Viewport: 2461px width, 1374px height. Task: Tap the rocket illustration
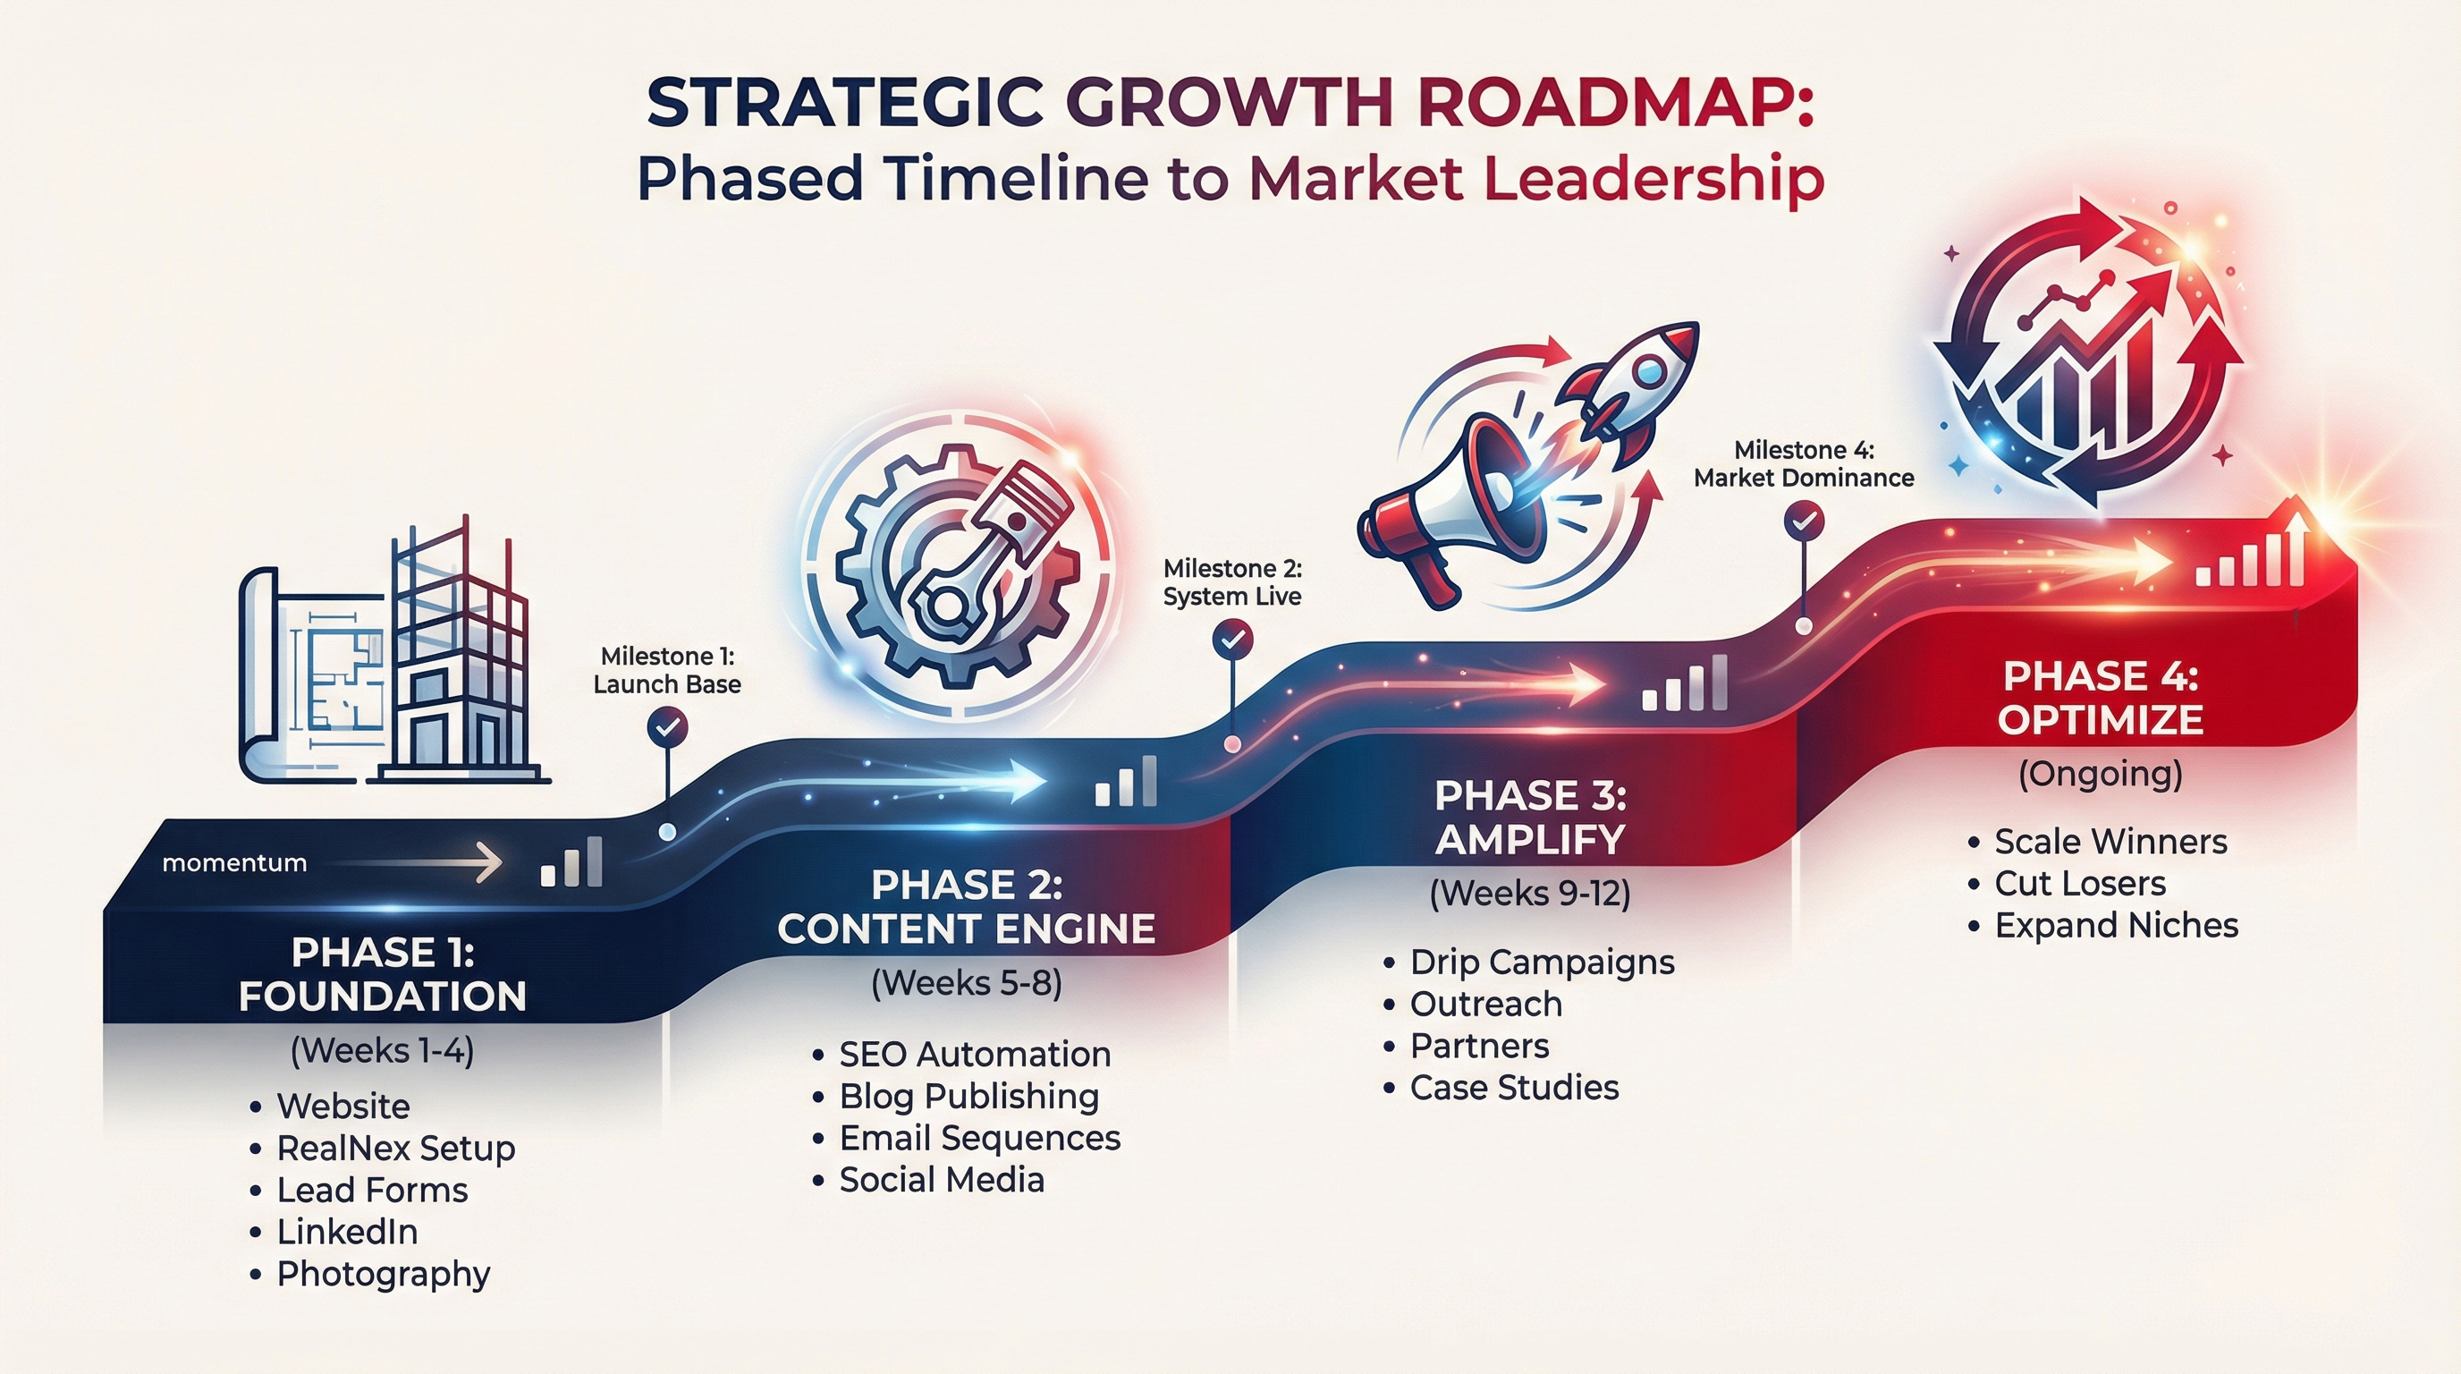(1634, 382)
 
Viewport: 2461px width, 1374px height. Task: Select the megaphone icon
(1452, 506)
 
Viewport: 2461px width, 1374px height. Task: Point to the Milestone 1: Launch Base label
(667, 671)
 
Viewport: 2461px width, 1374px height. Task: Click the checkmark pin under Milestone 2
(1232, 639)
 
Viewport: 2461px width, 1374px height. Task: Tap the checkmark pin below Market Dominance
(1804, 522)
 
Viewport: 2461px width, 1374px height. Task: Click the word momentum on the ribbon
(234, 863)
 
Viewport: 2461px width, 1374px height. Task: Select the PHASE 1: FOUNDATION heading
(382, 975)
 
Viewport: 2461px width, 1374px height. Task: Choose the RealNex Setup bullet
(395, 1148)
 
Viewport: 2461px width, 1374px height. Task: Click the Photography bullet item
(383, 1274)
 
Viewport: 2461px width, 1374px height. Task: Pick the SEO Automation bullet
(975, 1054)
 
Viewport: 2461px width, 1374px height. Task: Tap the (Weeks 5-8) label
(966, 983)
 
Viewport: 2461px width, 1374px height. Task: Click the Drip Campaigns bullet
(1542, 963)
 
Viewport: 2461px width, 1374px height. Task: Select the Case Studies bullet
(1514, 1088)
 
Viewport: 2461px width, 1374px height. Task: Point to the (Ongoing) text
(2100, 773)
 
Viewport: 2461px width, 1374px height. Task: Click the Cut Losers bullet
(2080, 884)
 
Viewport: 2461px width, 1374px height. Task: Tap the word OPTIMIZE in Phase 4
(2100, 719)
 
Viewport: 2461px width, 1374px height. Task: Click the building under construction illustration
(459, 659)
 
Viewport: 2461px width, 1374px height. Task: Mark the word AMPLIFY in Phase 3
(1529, 840)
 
